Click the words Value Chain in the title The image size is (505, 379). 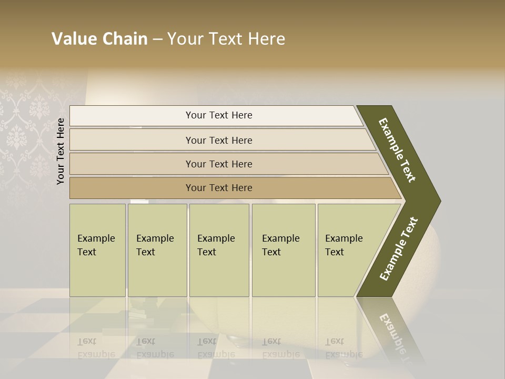pyautogui.click(x=99, y=39)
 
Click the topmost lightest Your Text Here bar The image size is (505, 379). pyautogui.click(x=218, y=115)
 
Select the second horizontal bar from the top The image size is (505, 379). pyautogui.click(x=218, y=140)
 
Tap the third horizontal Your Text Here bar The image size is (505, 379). pyautogui.click(x=218, y=164)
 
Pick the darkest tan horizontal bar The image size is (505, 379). pyautogui.click(x=218, y=188)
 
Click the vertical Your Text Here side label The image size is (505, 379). pyautogui.click(x=60, y=151)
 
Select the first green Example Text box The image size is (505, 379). pyautogui.click(x=97, y=250)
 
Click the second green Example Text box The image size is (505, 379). pyautogui.click(x=157, y=250)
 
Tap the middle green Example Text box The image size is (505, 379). pyautogui.click(x=219, y=250)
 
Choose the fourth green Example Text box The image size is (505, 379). pyautogui.click(x=283, y=250)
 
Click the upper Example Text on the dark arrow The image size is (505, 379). pyautogui.click(x=397, y=149)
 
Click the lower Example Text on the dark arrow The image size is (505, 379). pyautogui.click(x=399, y=248)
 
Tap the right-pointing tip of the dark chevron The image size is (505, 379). pyautogui.click(x=438, y=201)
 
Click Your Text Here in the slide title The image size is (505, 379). pyautogui.click(x=226, y=39)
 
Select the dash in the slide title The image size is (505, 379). pyautogui.click(x=157, y=39)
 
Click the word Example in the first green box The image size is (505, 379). pyautogui.click(x=96, y=238)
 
